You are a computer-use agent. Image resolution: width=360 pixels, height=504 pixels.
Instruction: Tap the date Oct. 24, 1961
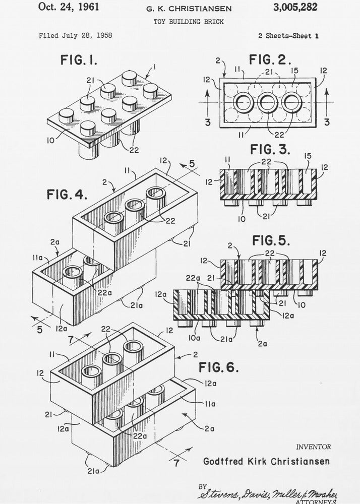point(69,7)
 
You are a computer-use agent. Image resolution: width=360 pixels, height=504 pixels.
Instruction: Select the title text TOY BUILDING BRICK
point(189,22)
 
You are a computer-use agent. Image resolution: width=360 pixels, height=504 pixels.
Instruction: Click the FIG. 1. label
point(79,61)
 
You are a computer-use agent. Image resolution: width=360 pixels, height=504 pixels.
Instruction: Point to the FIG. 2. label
point(270,60)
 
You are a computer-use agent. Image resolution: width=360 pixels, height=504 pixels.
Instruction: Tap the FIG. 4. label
point(66,194)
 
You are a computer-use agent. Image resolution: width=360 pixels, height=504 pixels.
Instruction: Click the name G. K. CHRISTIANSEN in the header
point(189,9)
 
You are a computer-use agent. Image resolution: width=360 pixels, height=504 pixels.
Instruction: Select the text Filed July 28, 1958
point(76,36)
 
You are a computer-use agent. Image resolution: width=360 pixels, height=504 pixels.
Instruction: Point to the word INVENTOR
point(313,447)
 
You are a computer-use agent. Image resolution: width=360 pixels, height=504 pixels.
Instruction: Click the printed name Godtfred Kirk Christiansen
point(267,461)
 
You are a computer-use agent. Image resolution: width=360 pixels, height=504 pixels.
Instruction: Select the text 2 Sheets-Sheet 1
point(288,36)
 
